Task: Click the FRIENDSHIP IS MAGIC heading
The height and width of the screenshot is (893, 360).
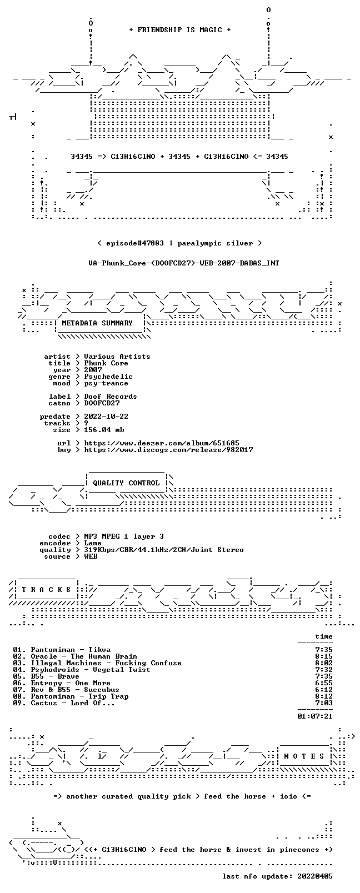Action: coord(180,30)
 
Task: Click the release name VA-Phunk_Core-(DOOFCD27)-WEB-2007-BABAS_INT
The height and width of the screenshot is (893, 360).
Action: coord(184,263)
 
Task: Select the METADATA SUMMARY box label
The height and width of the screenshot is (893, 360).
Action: coord(97,323)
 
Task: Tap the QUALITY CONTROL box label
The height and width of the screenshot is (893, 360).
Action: coord(126,483)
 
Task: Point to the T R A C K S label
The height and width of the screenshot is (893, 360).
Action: coord(46,590)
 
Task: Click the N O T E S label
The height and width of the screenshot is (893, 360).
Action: coord(304,756)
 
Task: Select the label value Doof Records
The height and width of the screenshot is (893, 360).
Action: coord(111,397)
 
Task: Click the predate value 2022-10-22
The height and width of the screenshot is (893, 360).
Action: coord(106,416)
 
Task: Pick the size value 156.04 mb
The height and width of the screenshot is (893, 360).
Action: coord(104,430)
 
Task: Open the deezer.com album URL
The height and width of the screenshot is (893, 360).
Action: coord(162,443)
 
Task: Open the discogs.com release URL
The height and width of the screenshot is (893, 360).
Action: coord(168,450)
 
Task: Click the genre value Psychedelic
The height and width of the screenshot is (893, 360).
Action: coord(108,377)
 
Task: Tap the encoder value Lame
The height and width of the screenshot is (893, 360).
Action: coord(92,543)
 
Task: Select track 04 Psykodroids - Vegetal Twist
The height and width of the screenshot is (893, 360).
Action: coord(81,670)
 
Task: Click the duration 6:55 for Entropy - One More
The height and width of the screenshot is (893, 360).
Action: coord(324,683)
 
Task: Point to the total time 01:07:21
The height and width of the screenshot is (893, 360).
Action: coord(315,716)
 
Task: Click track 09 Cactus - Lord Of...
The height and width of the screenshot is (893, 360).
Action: coord(64,703)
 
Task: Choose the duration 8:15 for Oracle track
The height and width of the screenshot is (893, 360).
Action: coord(324,656)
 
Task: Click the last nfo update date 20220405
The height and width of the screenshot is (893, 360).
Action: coord(315,876)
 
